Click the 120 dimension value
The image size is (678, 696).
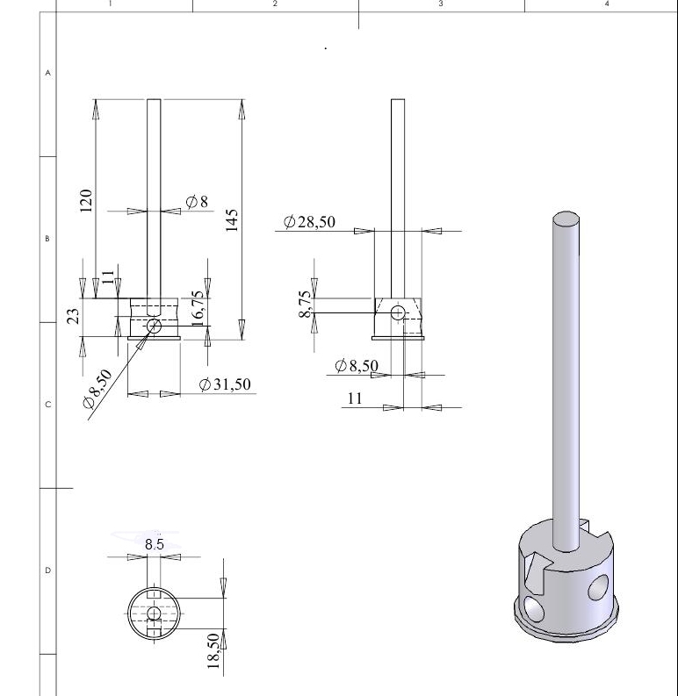click(x=86, y=200)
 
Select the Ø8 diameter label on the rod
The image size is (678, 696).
click(x=198, y=202)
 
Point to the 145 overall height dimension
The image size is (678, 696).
click(x=232, y=220)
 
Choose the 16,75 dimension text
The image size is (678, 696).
click(x=198, y=308)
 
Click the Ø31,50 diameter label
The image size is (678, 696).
click(x=225, y=384)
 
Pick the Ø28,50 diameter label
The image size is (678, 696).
click(x=309, y=223)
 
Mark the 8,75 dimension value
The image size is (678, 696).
click(x=304, y=304)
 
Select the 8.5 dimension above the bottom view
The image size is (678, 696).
click(x=154, y=545)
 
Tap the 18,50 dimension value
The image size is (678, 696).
click(x=213, y=651)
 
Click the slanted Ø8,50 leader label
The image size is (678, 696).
click(x=97, y=390)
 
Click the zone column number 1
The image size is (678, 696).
click(x=110, y=4)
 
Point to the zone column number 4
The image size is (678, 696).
click(x=606, y=4)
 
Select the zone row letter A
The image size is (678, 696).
click(x=48, y=73)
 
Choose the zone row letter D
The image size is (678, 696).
click(x=48, y=570)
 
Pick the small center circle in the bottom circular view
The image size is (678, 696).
click(x=154, y=613)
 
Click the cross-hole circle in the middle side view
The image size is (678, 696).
click(x=397, y=312)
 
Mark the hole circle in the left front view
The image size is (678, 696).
click(x=155, y=326)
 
